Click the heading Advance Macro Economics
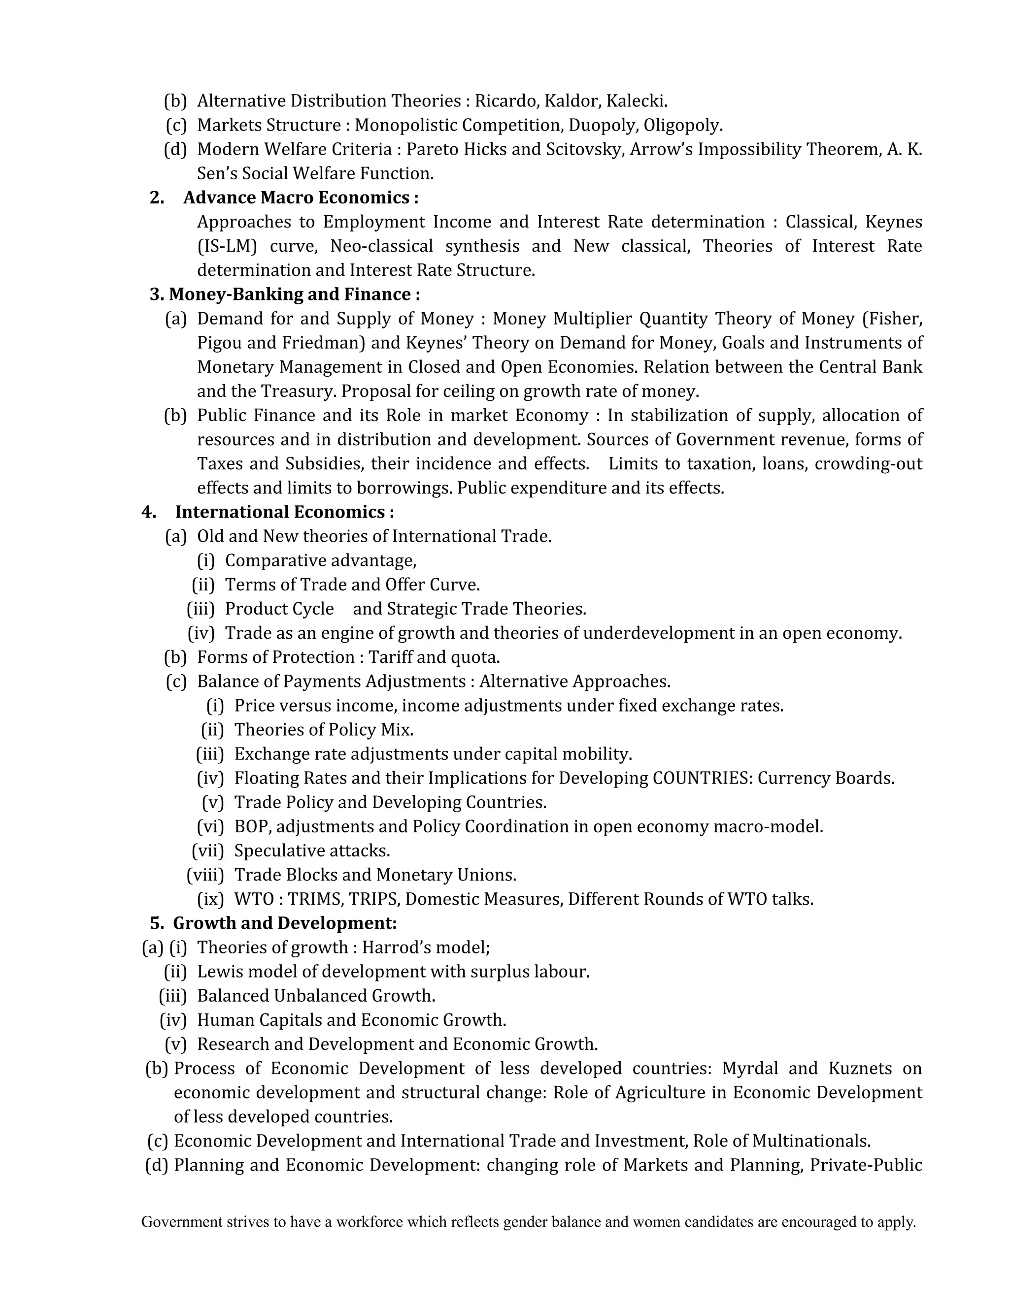tap(300, 198)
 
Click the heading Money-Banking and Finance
tap(294, 294)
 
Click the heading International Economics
tap(284, 512)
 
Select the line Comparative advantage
tap(320, 560)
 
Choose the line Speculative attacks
tap(312, 850)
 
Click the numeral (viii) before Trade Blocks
tap(205, 875)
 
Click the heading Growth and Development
tap(285, 923)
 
